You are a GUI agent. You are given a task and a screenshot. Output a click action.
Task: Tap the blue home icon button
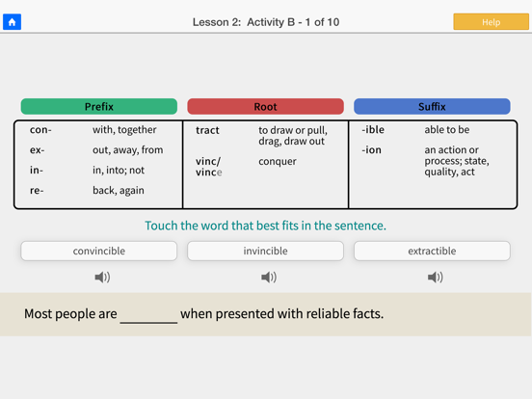(x=13, y=21)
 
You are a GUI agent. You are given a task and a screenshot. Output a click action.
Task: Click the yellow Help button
(x=491, y=21)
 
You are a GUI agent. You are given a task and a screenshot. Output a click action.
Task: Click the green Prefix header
(x=98, y=107)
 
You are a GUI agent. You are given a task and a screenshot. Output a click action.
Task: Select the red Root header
(x=265, y=107)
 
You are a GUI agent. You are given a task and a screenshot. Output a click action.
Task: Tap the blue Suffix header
(x=432, y=107)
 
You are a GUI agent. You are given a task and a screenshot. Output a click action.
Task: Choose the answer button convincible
(x=98, y=251)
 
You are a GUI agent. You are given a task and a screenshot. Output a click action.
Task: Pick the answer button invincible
(x=265, y=251)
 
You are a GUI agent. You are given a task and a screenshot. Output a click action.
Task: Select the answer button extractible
(x=432, y=251)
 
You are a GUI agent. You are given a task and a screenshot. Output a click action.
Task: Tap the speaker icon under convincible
(x=102, y=278)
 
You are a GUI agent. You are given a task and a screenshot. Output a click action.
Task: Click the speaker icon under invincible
(x=269, y=278)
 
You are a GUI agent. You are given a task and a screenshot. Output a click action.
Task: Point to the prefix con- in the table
(x=40, y=130)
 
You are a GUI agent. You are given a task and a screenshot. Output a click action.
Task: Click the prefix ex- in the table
(x=38, y=150)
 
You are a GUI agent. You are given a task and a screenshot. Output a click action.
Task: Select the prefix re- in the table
(x=37, y=191)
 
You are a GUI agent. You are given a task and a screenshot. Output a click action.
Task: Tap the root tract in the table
(x=207, y=130)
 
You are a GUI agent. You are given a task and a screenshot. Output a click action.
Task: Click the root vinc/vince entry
(x=208, y=167)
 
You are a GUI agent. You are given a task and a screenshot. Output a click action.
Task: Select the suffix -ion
(x=371, y=150)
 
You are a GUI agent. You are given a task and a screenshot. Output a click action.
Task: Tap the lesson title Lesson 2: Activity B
(x=265, y=21)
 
